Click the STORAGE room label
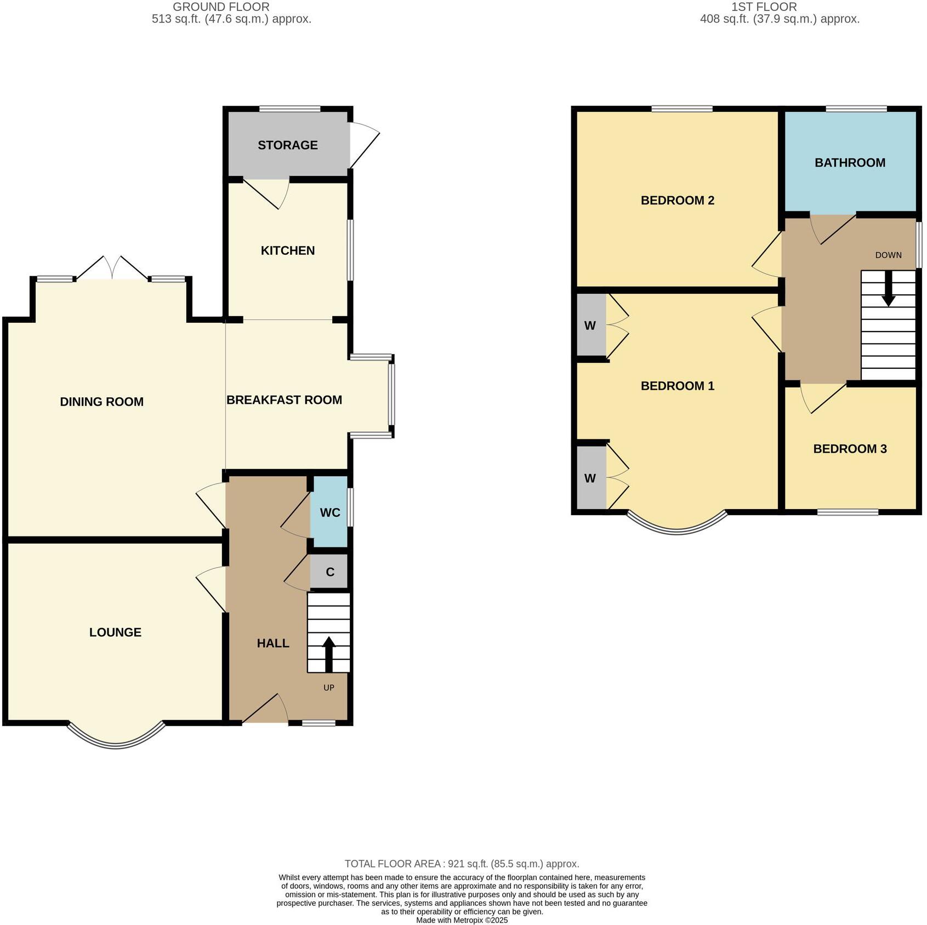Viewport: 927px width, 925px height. [287, 145]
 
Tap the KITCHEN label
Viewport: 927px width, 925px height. [287, 250]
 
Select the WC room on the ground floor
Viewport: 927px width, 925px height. [329, 512]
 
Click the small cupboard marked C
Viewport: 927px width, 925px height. [329, 572]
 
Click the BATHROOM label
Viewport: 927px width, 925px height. [850, 163]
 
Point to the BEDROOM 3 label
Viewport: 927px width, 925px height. [850, 449]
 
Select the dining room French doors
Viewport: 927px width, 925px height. [112, 268]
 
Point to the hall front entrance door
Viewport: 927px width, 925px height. [265, 710]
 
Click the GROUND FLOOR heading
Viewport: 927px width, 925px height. [221, 7]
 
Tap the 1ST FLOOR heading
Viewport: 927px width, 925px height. [764, 7]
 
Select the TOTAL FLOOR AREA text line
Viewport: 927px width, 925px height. [462, 864]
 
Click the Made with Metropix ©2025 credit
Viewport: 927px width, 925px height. [462, 920]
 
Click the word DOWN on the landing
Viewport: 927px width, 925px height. [888, 255]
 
